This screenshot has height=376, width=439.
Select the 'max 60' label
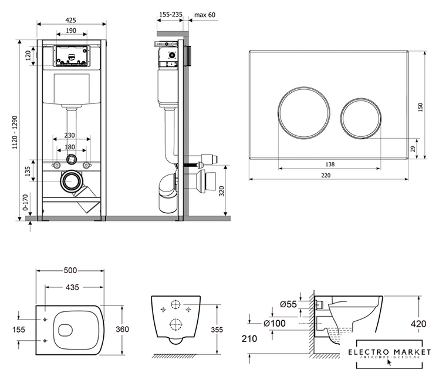click(x=205, y=14)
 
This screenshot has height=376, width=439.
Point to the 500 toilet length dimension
click(x=71, y=271)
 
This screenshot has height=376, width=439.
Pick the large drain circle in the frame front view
click(x=72, y=180)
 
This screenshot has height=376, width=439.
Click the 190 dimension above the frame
click(x=72, y=31)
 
